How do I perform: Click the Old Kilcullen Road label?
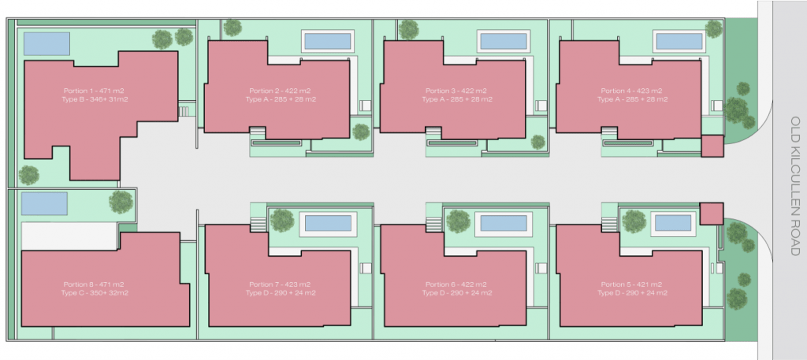click(x=795, y=186)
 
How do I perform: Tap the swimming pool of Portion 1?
click(x=46, y=43)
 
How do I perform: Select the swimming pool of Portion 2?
click(x=328, y=41)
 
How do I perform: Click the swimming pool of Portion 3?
click(x=504, y=41)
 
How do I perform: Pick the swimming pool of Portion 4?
click(x=680, y=41)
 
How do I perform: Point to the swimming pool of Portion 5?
click(x=673, y=223)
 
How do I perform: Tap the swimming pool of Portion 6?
click(x=504, y=223)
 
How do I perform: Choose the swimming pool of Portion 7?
click(x=329, y=223)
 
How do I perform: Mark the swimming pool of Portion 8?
click(x=44, y=204)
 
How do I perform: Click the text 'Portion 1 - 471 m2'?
click(x=95, y=91)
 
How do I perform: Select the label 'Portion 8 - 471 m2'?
click(x=95, y=284)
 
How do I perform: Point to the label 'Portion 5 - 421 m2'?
click(x=631, y=284)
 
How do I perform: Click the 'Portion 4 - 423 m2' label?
click(x=631, y=91)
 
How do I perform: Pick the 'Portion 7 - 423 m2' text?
click(x=280, y=284)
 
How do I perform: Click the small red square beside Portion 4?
click(x=712, y=146)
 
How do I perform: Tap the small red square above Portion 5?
click(x=712, y=213)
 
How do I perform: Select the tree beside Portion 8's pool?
click(x=121, y=202)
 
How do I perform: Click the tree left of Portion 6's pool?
click(x=458, y=221)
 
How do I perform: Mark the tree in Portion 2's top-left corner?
click(x=232, y=28)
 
